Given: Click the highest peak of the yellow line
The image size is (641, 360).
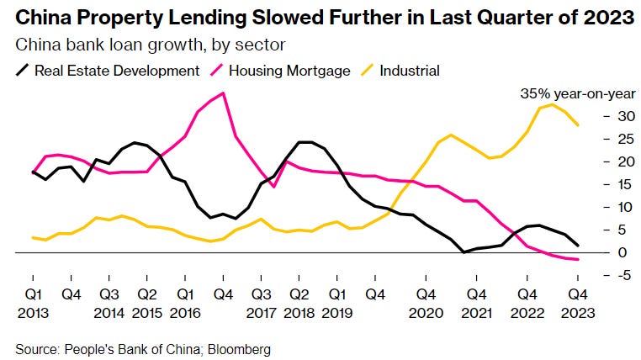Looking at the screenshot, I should [x=553, y=104].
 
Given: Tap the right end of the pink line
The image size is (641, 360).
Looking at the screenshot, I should [x=578, y=260].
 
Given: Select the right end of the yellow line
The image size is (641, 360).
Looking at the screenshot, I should [x=578, y=125].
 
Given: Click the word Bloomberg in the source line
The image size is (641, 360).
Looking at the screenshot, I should [x=241, y=348].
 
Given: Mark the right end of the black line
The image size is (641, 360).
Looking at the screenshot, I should [x=578, y=246].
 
